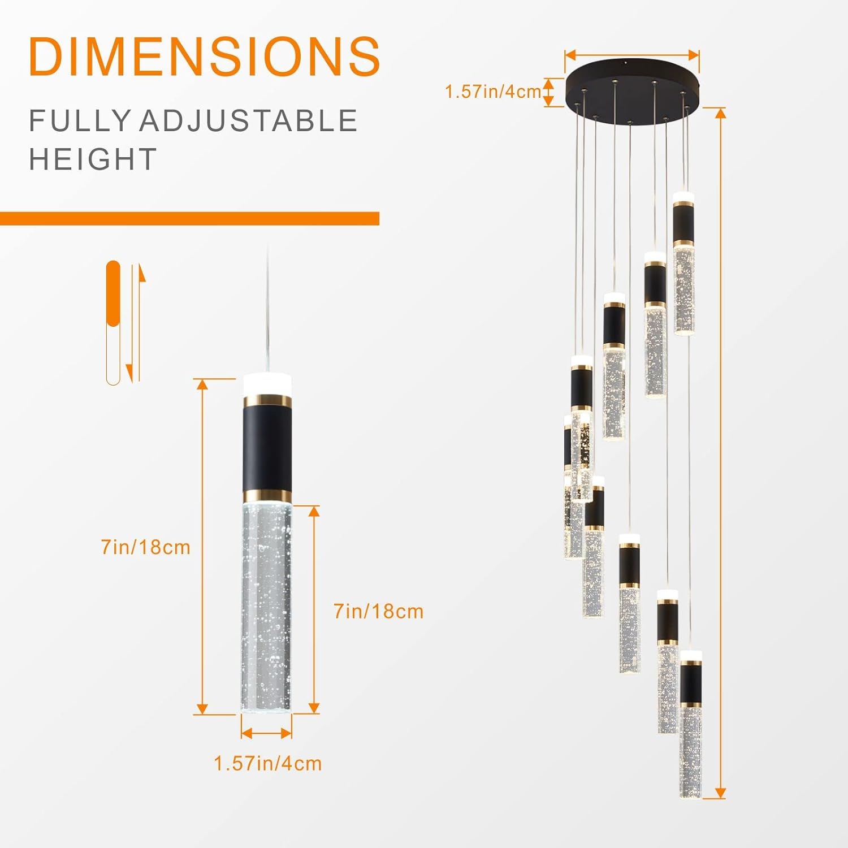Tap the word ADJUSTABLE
(x=249, y=121)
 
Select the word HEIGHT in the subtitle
(x=93, y=159)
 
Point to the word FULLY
(x=80, y=121)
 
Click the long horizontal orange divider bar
(x=189, y=218)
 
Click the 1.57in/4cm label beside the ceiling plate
(x=493, y=92)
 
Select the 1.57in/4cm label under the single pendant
(x=267, y=763)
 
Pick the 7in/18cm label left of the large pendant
(x=145, y=547)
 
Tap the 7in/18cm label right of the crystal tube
(x=378, y=611)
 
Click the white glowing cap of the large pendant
(x=267, y=385)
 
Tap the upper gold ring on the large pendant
(x=267, y=401)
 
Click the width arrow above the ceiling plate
(x=632, y=55)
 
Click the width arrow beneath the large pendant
(x=266, y=733)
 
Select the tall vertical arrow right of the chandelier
(x=720, y=452)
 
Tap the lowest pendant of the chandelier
(x=690, y=724)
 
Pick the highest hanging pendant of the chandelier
(x=683, y=263)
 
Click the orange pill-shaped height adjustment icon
(x=114, y=322)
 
